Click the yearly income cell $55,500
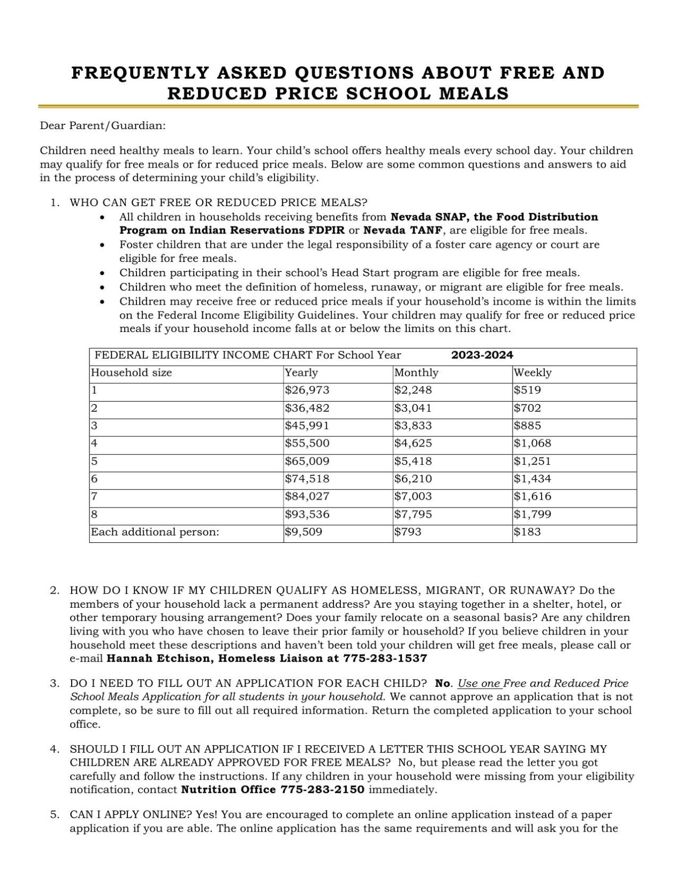(x=307, y=443)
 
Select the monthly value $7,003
(x=413, y=496)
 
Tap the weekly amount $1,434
(x=532, y=479)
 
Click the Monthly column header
(x=416, y=373)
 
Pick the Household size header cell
(x=131, y=373)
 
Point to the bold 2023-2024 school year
(x=482, y=355)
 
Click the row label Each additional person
(x=155, y=532)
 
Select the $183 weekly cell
(x=527, y=532)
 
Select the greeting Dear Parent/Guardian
(x=103, y=126)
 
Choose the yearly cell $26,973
(x=307, y=390)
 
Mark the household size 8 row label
(x=95, y=515)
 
